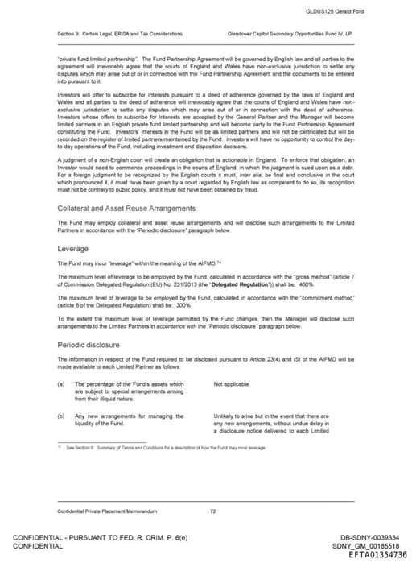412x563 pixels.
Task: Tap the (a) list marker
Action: point(60,384)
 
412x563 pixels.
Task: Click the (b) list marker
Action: point(60,416)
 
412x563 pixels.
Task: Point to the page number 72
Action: point(212,511)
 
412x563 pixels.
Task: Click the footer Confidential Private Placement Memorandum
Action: point(101,511)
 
